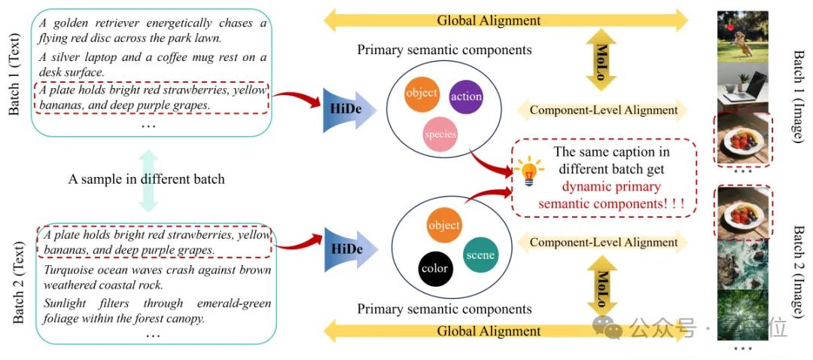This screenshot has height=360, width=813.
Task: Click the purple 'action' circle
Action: tap(466, 96)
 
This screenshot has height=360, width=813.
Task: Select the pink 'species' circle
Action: tap(440, 134)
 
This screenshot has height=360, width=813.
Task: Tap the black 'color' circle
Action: tap(434, 268)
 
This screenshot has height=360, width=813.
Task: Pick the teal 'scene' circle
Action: tap(480, 255)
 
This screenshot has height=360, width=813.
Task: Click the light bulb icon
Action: tap(529, 171)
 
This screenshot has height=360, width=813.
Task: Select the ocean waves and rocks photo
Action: tap(743, 264)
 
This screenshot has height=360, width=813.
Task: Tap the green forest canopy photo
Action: tap(743, 316)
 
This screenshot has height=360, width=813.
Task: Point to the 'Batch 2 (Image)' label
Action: tap(799, 272)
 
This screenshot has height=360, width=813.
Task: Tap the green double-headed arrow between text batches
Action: tap(149, 179)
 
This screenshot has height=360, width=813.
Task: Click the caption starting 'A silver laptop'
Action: tap(151, 65)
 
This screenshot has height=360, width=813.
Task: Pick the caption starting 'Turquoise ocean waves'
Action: tap(157, 276)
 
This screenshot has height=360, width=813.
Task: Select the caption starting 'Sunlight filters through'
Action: tap(157, 311)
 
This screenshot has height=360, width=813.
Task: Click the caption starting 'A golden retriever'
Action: tap(151, 30)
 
